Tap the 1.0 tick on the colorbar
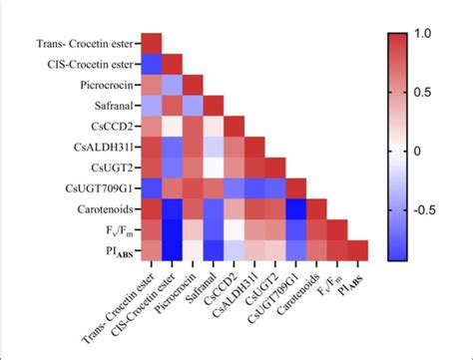tap(430, 32)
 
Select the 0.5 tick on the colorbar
tap(430, 91)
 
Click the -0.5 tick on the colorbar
tap(430, 210)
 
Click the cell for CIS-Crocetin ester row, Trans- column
tap(151, 64)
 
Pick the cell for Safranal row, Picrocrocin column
tap(193, 105)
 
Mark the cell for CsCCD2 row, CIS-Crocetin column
tap(172, 126)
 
